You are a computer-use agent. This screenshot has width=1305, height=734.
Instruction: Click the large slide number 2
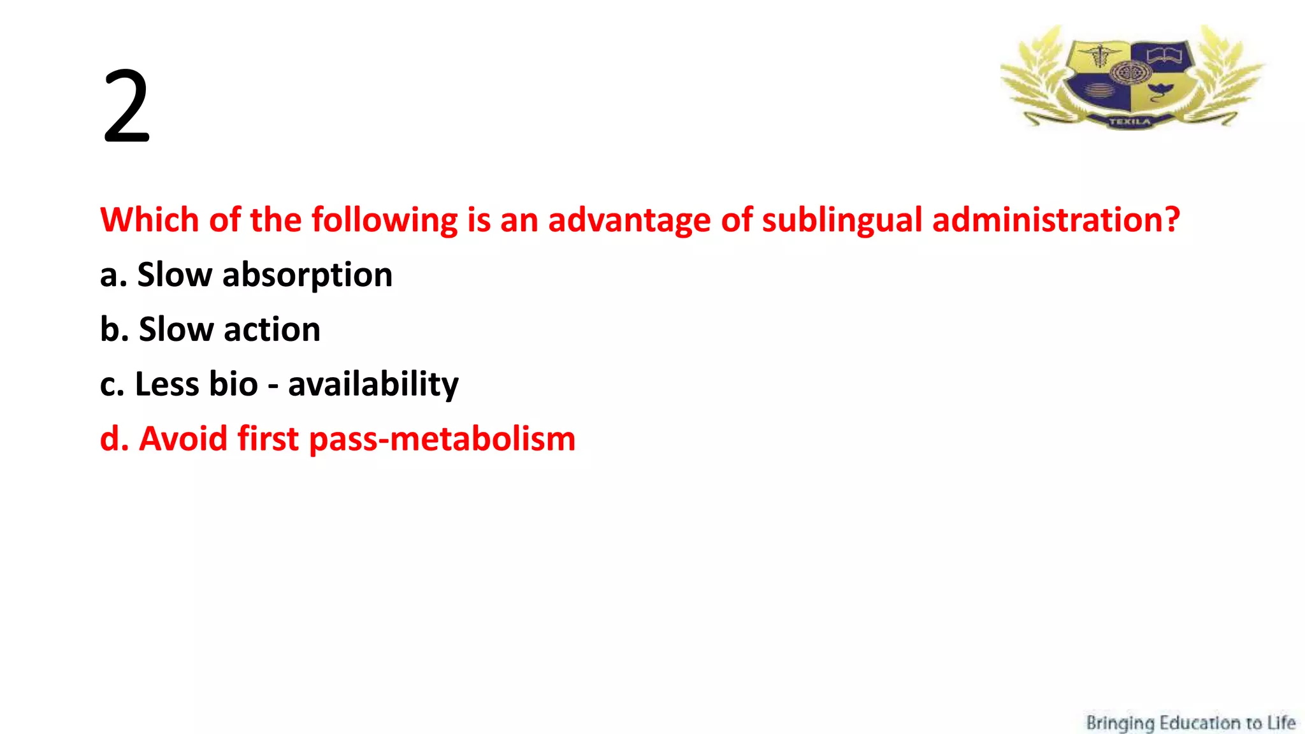126,107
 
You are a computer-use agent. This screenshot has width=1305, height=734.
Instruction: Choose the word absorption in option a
307,276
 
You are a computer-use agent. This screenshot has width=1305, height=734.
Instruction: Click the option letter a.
110,276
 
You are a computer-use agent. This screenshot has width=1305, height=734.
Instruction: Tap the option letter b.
110,330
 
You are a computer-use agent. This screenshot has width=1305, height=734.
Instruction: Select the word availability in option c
373,385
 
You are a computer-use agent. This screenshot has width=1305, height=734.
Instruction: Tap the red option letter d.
110,439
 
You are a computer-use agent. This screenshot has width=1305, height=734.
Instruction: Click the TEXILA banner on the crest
1130,121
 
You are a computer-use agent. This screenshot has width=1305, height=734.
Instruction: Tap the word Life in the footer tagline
1281,723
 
